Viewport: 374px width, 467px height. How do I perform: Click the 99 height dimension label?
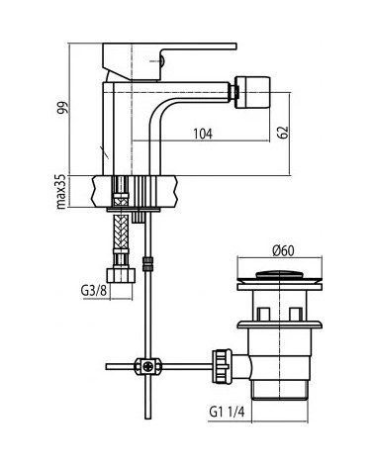(x=62, y=108)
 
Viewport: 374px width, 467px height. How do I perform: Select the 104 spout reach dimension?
(x=203, y=134)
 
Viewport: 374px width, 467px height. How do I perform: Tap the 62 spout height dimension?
(x=283, y=133)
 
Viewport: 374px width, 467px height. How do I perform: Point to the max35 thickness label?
(x=61, y=192)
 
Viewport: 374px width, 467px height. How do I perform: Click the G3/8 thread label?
(x=94, y=291)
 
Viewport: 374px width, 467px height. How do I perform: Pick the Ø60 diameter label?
(x=283, y=250)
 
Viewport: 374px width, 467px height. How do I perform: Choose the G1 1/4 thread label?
(x=227, y=412)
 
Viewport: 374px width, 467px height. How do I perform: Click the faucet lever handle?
(x=169, y=61)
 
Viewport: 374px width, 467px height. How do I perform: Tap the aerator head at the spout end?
(x=252, y=92)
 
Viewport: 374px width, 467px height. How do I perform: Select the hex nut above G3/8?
(x=121, y=275)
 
